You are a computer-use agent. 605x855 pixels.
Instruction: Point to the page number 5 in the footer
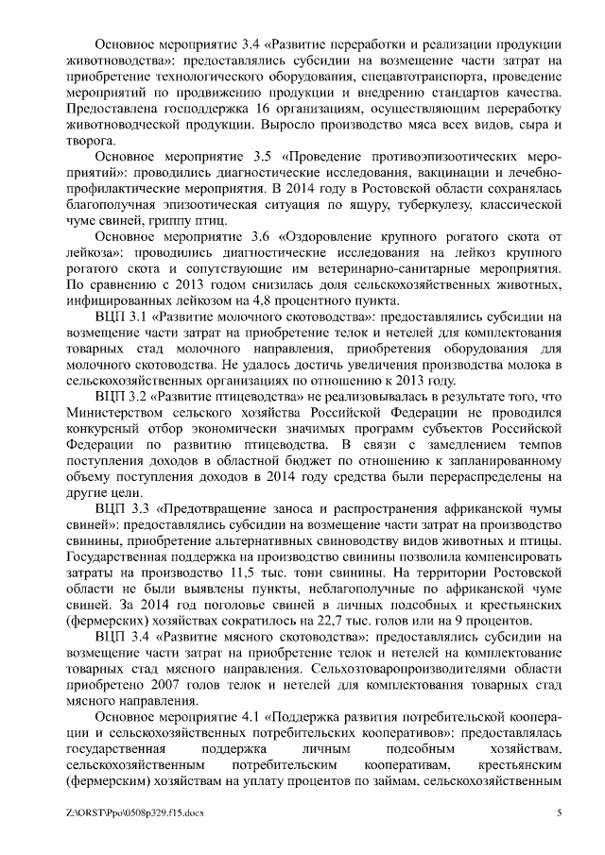pyautogui.click(x=559, y=813)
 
